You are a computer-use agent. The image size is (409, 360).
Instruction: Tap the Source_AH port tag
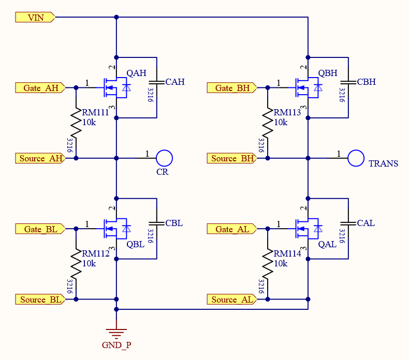40,158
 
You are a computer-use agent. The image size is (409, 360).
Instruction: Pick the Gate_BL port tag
40,229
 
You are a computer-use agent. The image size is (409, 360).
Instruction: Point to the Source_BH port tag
231,158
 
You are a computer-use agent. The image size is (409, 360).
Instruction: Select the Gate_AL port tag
231,229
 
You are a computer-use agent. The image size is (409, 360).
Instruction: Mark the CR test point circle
164,158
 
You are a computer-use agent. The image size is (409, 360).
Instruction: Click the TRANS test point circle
356,158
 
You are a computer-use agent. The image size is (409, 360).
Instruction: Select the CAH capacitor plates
156,82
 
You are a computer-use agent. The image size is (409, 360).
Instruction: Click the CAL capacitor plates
348,223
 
